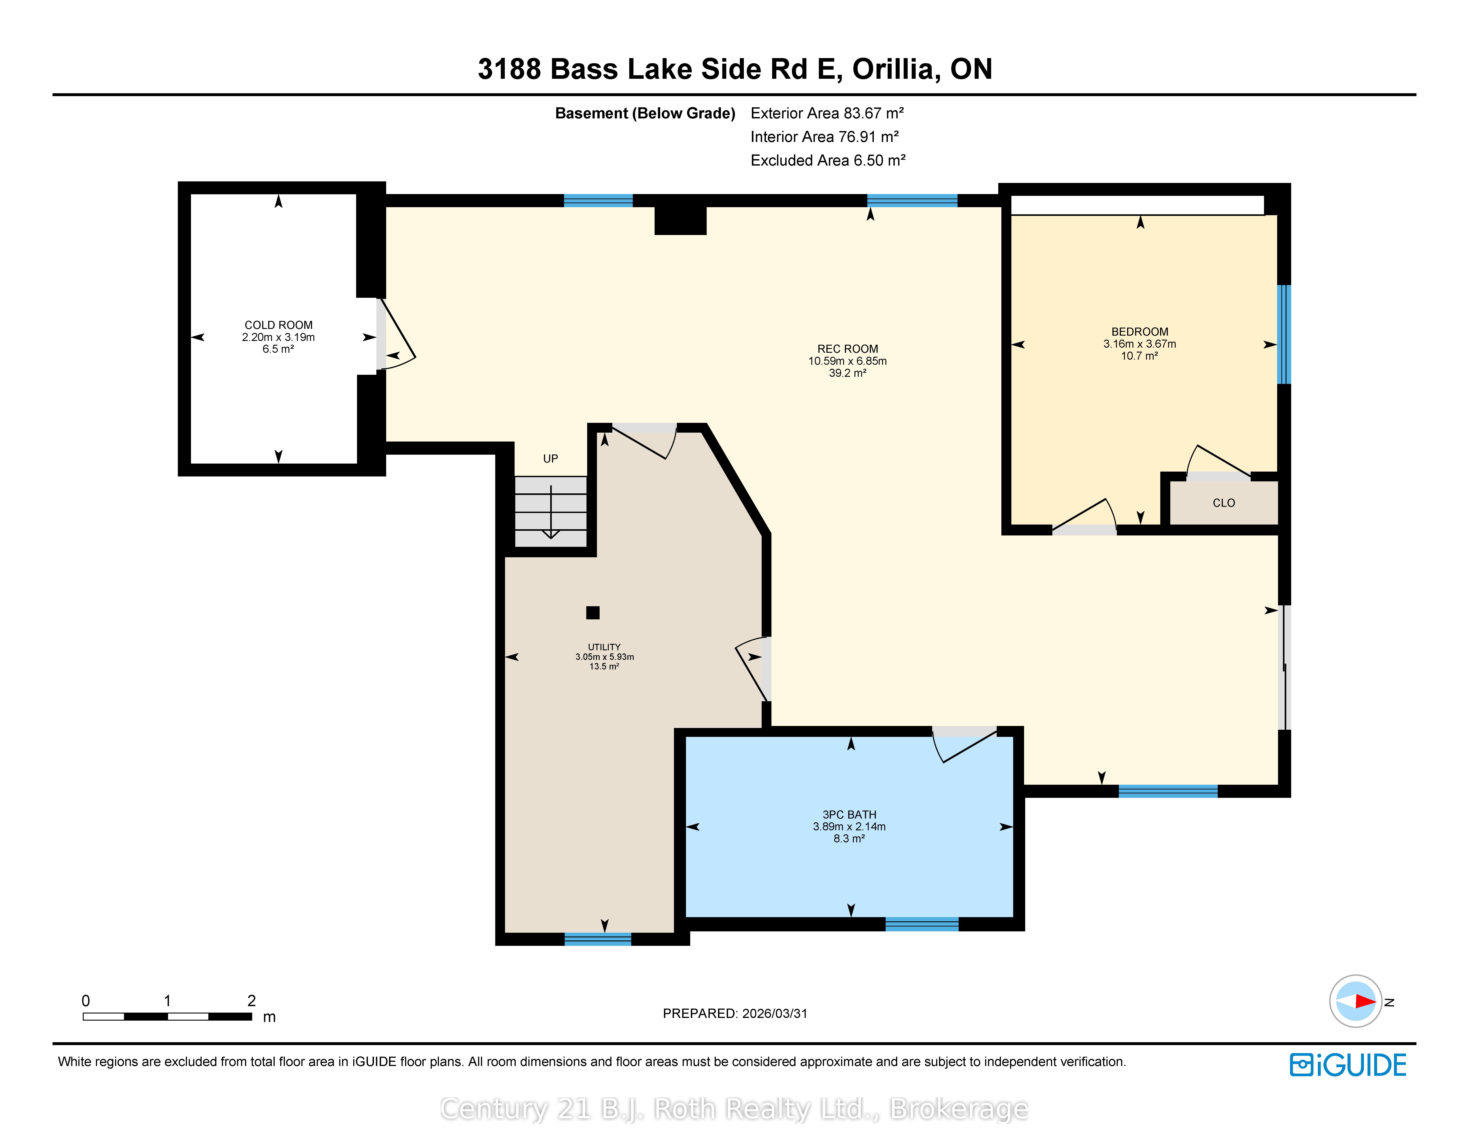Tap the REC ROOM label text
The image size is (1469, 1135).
(848, 349)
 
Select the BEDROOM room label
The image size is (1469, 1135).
(1139, 332)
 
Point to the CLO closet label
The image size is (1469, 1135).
(1223, 503)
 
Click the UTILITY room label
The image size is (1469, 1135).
(604, 647)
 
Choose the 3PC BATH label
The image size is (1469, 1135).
(849, 814)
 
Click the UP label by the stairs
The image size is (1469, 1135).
(550, 459)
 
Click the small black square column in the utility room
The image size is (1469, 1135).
(592, 612)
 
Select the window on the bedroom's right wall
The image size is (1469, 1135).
(1284, 334)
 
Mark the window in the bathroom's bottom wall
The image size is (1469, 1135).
(921, 924)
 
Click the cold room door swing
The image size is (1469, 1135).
(397, 334)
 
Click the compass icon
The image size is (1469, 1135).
(1355, 1001)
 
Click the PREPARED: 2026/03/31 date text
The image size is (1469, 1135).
(734, 1013)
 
